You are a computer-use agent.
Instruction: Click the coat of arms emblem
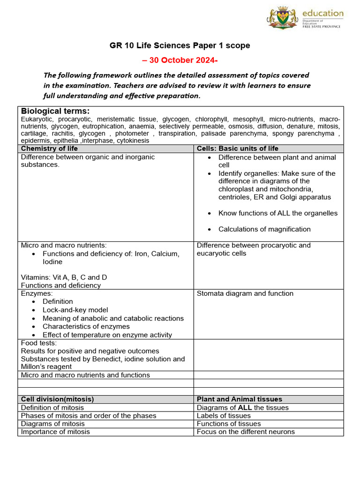[282, 18]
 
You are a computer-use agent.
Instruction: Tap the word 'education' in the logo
[322, 13]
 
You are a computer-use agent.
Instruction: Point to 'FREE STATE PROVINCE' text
[322, 27]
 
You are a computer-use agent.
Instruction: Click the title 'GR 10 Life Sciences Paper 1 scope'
[180, 45]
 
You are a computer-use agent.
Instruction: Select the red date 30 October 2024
[180, 60]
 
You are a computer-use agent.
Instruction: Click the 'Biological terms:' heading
[55, 111]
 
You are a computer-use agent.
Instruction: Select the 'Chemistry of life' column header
[50, 149]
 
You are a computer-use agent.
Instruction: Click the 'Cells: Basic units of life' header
[238, 149]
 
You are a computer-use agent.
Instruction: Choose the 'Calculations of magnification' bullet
[264, 229]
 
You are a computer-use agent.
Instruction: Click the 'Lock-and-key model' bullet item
[75, 310]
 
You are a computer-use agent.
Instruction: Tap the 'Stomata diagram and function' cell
[245, 293]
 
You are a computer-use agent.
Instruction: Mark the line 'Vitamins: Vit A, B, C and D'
[64, 277]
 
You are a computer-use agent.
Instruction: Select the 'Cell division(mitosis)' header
[58, 399]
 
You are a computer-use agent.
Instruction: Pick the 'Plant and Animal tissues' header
[240, 399]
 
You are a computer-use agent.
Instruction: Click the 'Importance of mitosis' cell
[55, 432]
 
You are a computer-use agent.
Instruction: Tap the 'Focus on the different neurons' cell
[246, 432]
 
